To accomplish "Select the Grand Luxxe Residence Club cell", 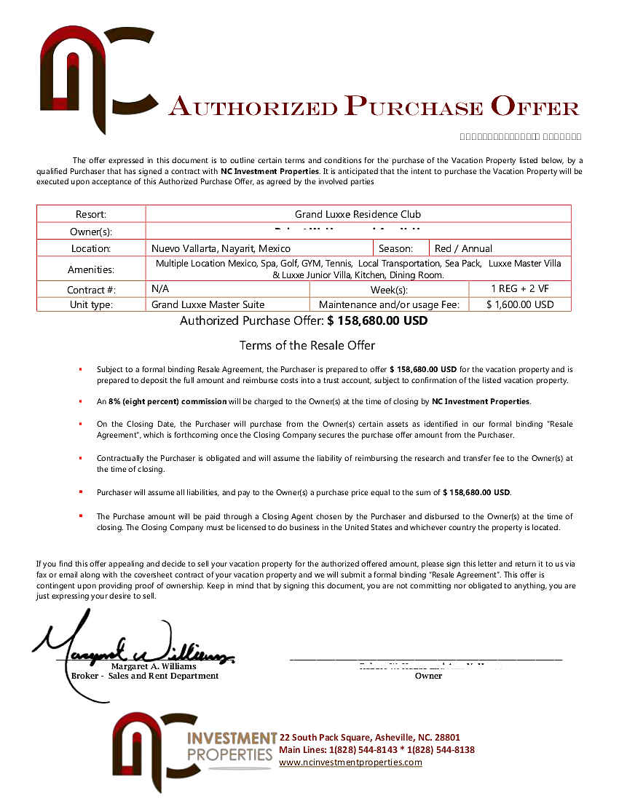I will (358, 214).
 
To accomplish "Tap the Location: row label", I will (91, 248).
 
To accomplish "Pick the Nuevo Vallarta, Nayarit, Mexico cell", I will (221, 248).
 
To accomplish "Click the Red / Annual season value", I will (463, 248).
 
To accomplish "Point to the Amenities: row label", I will (91, 269).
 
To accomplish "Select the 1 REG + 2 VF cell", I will (519, 288).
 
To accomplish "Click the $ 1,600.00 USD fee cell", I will (519, 304).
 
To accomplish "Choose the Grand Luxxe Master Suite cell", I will (208, 304).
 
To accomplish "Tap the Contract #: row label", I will (91, 289).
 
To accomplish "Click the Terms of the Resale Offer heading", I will (307, 345).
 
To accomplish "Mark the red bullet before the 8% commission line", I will (80, 401).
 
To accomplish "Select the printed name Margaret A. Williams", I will (153, 666).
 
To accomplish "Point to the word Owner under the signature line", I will (428, 676).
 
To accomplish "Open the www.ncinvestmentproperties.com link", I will (350, 762).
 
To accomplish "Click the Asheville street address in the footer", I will (369, 737).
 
